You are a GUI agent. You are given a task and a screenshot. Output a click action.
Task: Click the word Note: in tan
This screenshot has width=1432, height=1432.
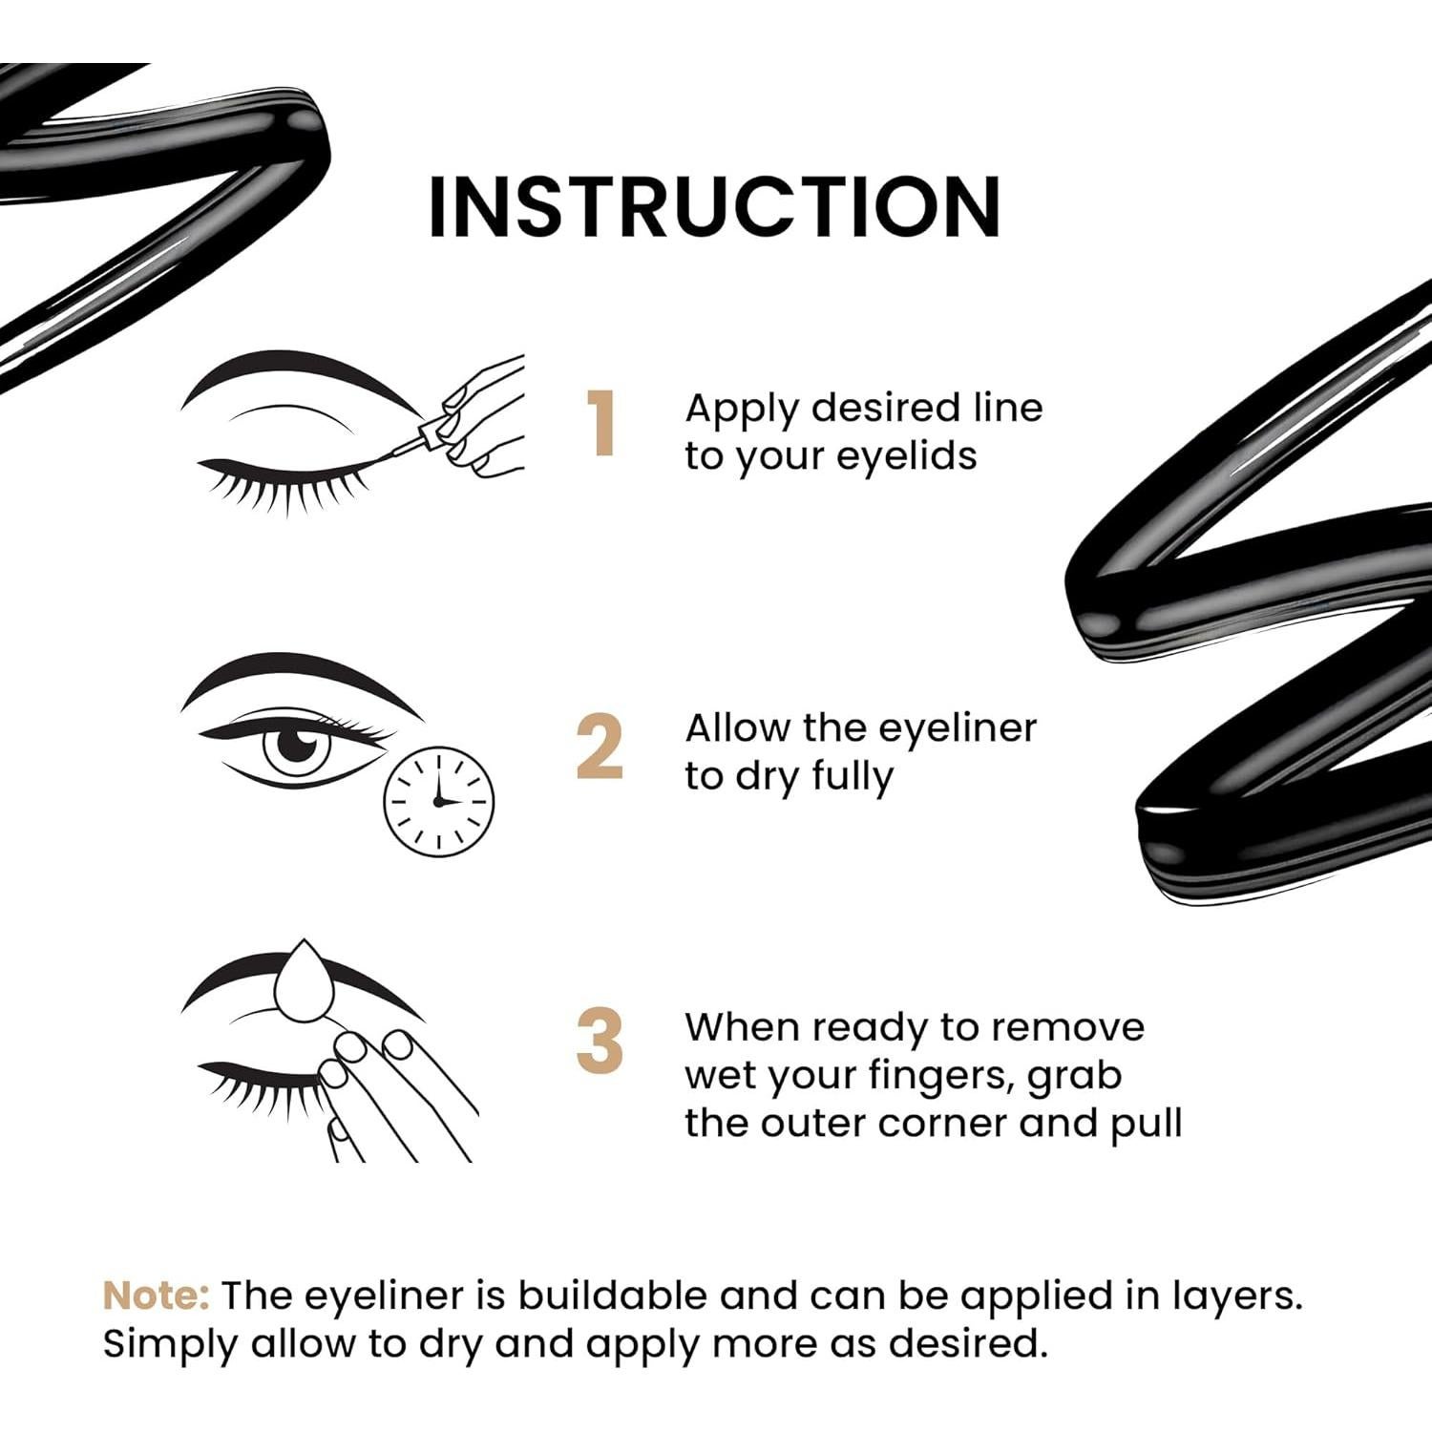point(156,1295)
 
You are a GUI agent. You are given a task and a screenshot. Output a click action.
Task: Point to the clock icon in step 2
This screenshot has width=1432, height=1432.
point(439,801)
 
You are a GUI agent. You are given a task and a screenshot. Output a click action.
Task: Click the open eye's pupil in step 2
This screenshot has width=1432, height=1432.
point(300,743)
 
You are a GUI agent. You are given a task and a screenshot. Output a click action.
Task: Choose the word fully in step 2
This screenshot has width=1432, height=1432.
point(853,776)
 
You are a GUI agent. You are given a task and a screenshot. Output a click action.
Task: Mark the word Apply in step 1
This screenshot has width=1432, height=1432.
point(742,410)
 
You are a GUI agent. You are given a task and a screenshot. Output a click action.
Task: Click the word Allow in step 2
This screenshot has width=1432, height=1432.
point(738,728)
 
